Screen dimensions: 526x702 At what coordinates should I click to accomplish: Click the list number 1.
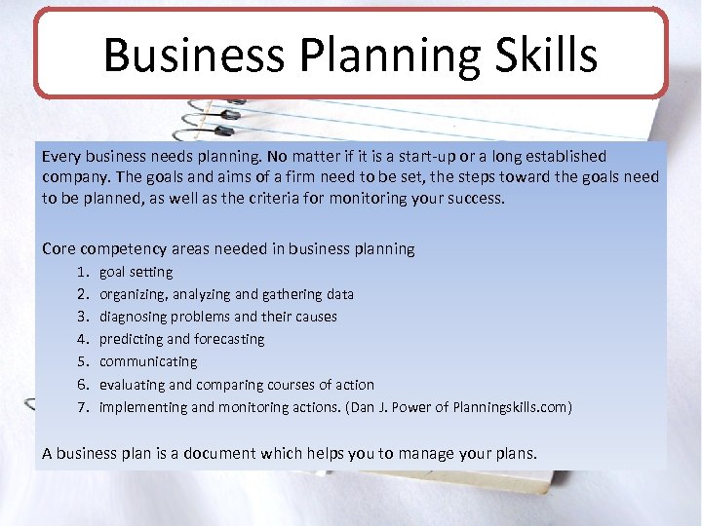pyautogui.click(x=82, y=272)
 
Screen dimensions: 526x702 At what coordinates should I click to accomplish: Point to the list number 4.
pyautogui.click(x=82, y=339)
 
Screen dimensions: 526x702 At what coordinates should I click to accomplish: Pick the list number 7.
pyautogui.click(x=82, y=407)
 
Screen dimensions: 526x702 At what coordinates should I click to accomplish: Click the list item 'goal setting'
pyautogui.click(x=136, y=272)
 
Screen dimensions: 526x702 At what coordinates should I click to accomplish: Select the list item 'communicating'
pyautogui.click(x=148, y=361)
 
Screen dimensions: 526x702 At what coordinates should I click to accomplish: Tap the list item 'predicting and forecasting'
pyautogui.click(x=182, y=339)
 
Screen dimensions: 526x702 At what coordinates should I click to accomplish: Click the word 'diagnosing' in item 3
pyautogui.click(x=134, y=317)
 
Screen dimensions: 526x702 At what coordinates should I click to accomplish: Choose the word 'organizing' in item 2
pyautogui.click(x=133, y=294)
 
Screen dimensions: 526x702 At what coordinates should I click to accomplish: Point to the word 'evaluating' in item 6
pyautogui.click(x=132, y=385)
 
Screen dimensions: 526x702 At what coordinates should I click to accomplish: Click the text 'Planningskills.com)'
pyautogui.click(x=510, y=407)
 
